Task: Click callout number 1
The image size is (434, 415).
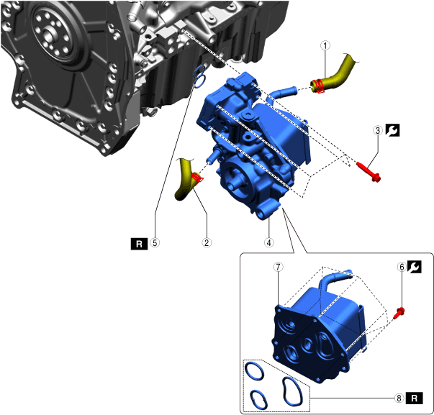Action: pyautogui.click(x=325, y=45)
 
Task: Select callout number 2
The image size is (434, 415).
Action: pyautogui.click(x=207, y=242)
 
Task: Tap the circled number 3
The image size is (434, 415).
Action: pyautogui.click(x=378, y=130)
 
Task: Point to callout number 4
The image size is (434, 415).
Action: pyautogui.click(x=268, y=242)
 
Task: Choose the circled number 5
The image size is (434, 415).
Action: pyautogui.click(x=155, y=242)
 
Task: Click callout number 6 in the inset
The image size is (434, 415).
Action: pyautogui.click(x=402, y=267)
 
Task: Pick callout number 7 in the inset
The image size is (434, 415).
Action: pyautogui.click(x=278, y=267)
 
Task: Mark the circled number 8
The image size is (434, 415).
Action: pyautogui.click(x=399, y=398)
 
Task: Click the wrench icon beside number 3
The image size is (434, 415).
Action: pyautogui.click(x=392, y=130)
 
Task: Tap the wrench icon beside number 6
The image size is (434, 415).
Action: pyautogui.click(x=415, y=267)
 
